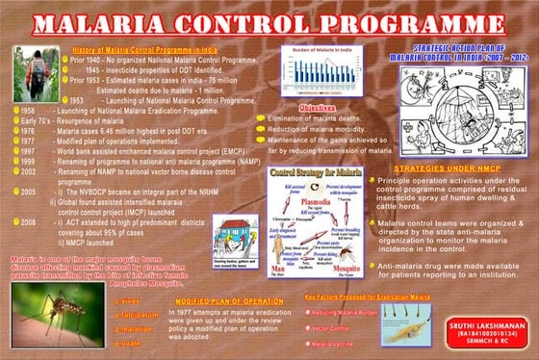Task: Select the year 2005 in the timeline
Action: coord(28,192)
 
